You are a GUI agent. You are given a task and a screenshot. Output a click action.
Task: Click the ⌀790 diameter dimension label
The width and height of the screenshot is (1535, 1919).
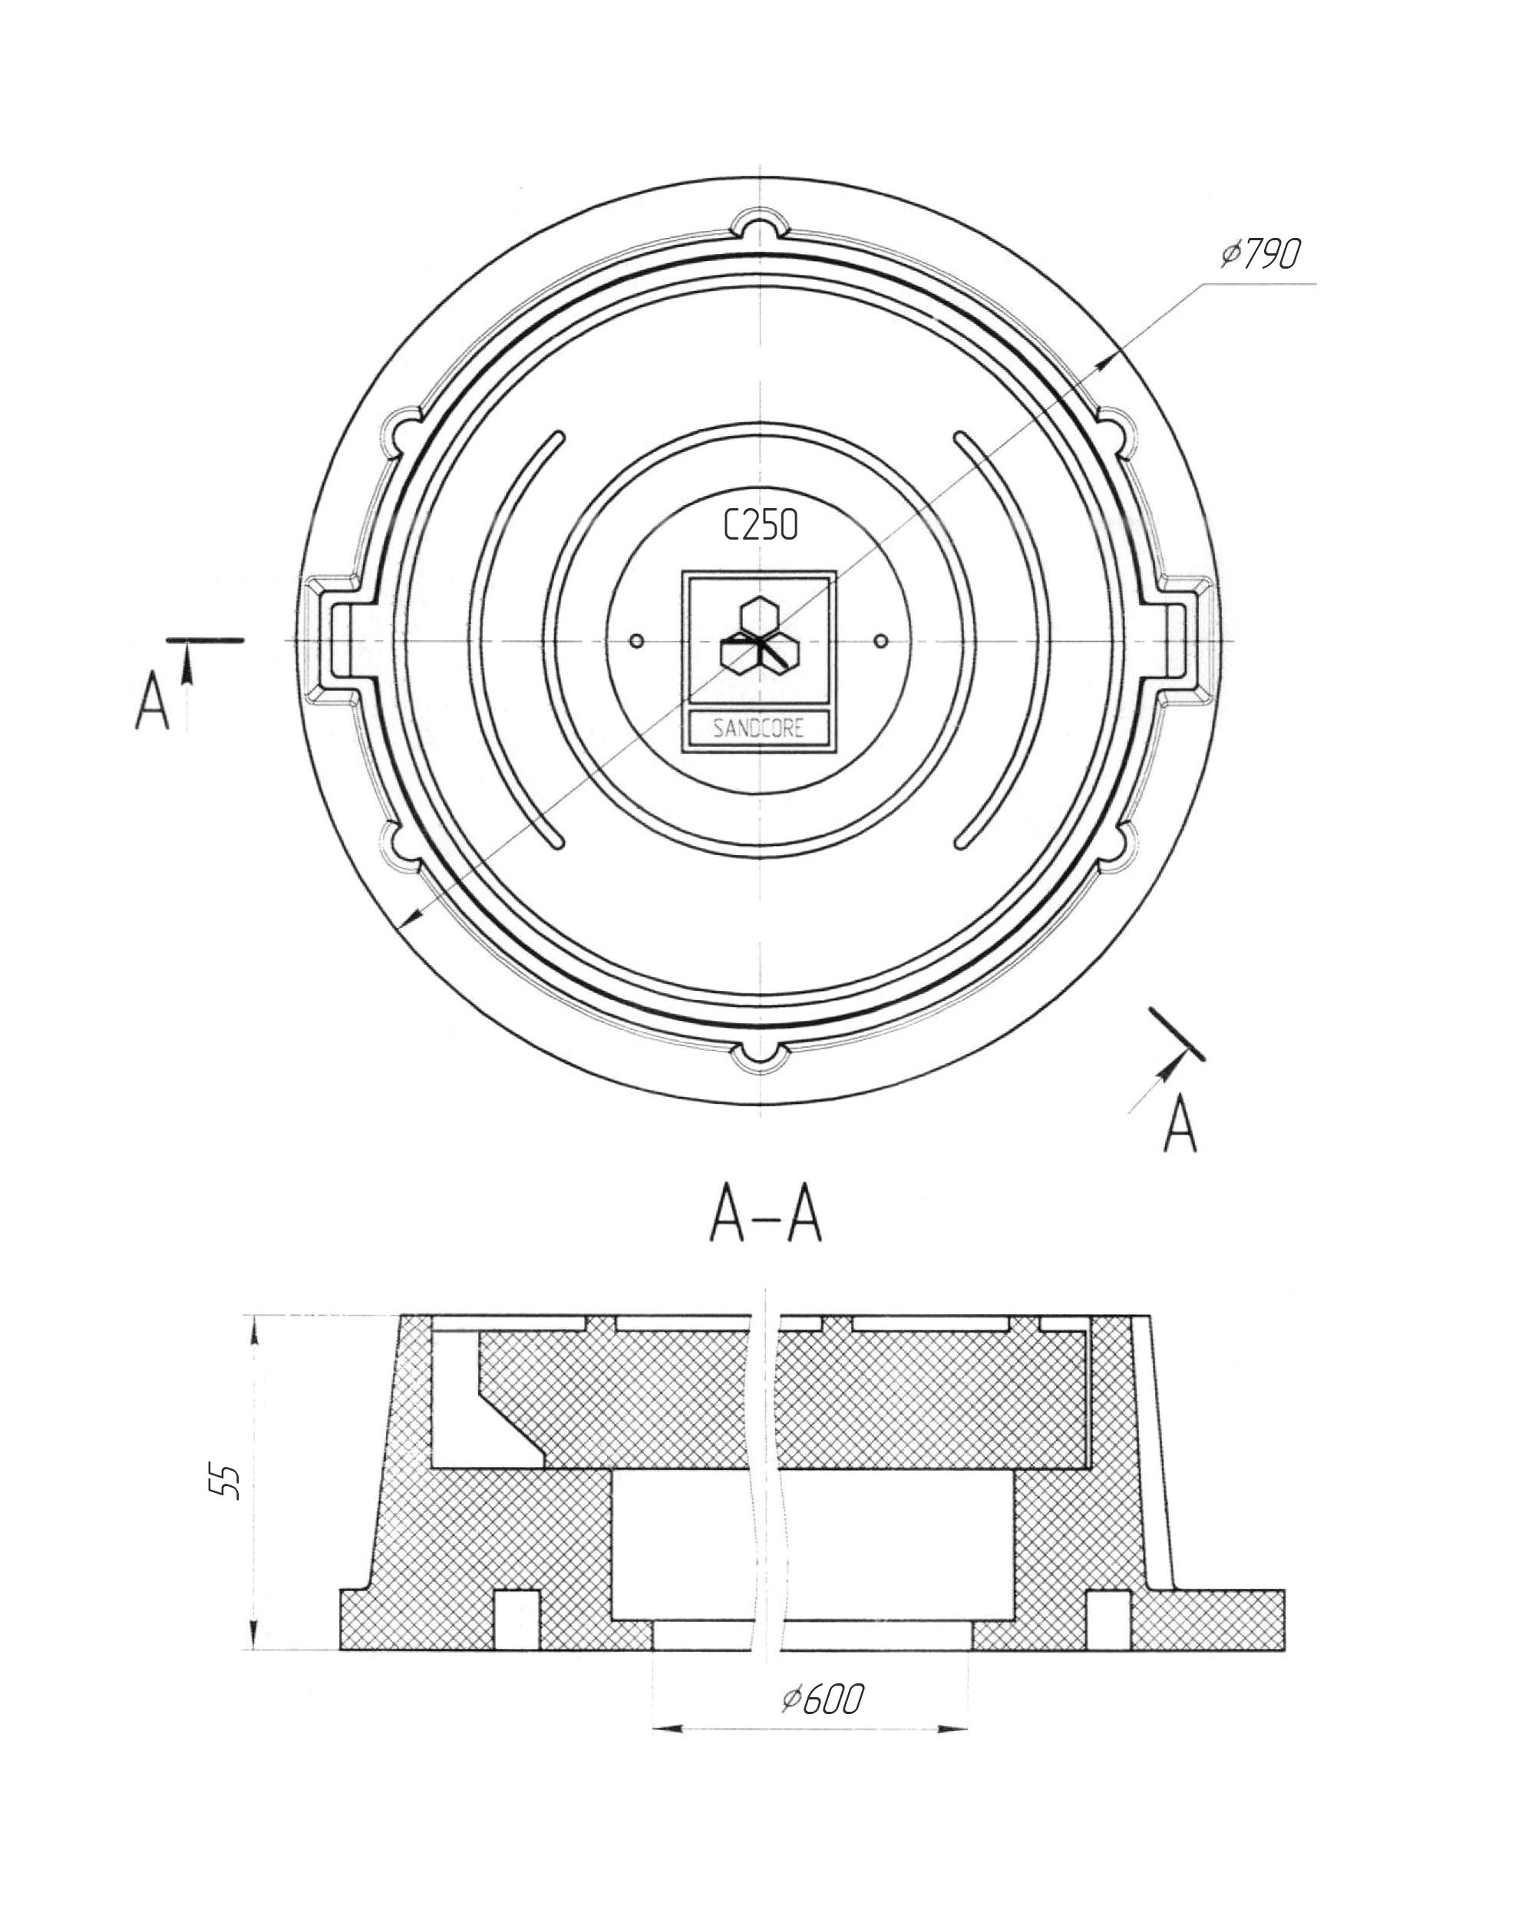pos(1260,255)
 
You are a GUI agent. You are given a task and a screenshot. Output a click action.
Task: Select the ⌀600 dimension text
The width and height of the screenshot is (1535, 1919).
pos(822,1700)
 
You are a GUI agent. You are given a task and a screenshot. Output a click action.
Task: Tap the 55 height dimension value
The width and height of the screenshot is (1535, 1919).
pos(229,1482)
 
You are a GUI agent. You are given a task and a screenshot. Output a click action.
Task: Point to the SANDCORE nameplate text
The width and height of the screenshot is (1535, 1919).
pos(759,729)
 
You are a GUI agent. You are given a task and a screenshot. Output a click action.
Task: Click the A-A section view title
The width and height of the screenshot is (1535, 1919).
pos(765,1217)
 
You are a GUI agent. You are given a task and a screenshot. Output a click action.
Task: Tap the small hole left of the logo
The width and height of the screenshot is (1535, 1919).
pos(636,641)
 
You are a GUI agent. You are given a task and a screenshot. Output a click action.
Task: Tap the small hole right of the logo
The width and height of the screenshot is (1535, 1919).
pos(881,641)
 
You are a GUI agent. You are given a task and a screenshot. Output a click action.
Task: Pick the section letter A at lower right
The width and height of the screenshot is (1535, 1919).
pos(1180,1123)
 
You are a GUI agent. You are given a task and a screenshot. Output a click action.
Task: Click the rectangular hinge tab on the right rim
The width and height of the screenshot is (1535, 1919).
pos(1187,641)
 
